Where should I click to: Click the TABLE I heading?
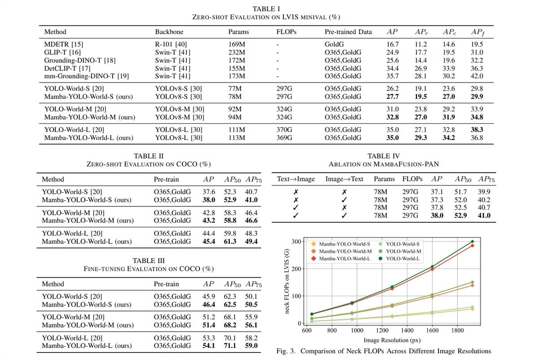(x=266, y=9)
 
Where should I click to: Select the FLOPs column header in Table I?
(x=286, y=32)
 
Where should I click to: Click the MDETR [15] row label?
(x=64, y=44)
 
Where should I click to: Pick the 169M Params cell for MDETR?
(x=237, y=44)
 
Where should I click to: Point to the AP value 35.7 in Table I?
(x=392, y=76)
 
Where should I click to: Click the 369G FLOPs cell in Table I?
(x=284, y=138)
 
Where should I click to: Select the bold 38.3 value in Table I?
(x=477, y=130)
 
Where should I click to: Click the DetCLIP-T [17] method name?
(x=67, y=68)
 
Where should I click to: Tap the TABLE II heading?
(x=149, y=156)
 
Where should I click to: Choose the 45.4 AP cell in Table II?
(x=209, y=241)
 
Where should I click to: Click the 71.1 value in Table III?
(x=230, y=346)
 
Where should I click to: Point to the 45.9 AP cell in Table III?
(x=209, y=296)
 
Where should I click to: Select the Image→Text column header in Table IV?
(x=344, y=179)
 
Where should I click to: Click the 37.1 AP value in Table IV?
(x=437, y=192)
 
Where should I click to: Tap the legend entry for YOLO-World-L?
(x=402, y=259)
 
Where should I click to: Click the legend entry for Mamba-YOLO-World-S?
(x=344, y=244)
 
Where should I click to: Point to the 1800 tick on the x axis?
(x=457, y=330)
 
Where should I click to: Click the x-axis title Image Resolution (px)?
(x=391, y=340)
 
